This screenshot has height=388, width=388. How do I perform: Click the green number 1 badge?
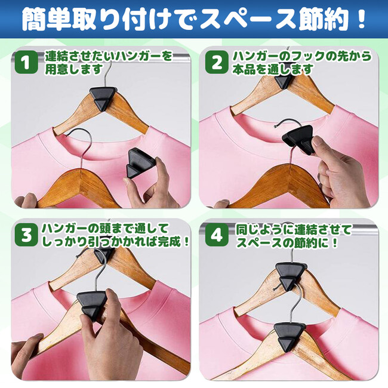coord(26,62)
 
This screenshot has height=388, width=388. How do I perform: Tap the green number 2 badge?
coord(217,62)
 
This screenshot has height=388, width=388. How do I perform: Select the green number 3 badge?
coord(26,235)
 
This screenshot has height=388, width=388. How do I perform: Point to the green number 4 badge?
coord(217,235)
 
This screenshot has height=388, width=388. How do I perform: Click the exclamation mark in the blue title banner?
coord(361,19)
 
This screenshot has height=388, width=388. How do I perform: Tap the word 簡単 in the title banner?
coord(47,19)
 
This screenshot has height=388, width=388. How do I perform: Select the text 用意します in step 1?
coord(74,69)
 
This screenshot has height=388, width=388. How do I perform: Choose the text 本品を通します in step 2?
coord(273,69)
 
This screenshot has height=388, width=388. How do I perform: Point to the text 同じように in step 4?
coord(264,229)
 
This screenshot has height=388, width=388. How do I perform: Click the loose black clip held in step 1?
coord(140,163)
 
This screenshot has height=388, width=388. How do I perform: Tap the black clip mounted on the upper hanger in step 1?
coord(103,98)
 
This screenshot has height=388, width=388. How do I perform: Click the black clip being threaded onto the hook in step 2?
coord(298,140)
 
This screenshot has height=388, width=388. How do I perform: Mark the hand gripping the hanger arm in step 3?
coord(27,355)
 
